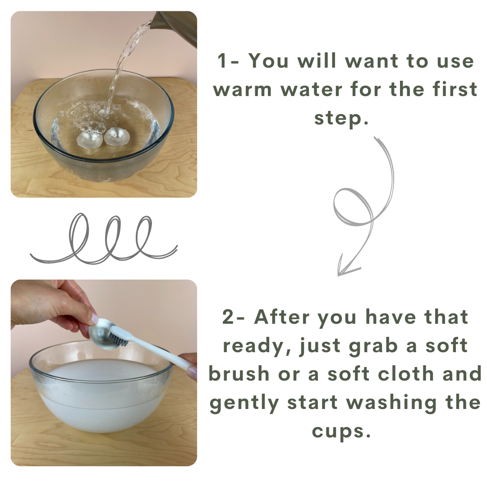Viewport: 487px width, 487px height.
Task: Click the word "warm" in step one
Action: click(242, 89)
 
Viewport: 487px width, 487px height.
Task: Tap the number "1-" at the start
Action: click(228, 60)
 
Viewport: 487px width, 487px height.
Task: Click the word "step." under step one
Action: click(341, 118)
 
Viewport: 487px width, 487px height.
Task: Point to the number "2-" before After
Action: click(234, 317)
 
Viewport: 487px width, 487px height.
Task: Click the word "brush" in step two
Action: click(239, 373)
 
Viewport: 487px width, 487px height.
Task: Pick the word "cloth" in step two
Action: click(406, 373)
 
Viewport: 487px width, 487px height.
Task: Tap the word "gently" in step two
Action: click(244, 403)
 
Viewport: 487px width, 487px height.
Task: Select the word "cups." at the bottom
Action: click(341, 432)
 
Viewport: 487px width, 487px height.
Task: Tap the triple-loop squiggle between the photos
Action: click(104, 239)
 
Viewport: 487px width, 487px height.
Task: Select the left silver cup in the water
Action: click(89, 139)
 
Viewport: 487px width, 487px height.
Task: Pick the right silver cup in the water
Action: click(116, 137)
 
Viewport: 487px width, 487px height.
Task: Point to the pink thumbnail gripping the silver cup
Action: click(94, 319)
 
